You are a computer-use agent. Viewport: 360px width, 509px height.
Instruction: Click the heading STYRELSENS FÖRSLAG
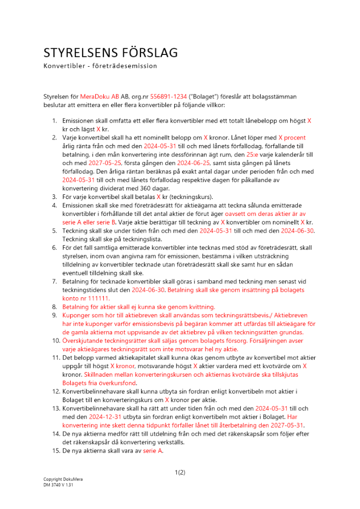[x=110, y=53]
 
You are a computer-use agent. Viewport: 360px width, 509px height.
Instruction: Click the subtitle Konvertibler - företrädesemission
[x=100, y=66]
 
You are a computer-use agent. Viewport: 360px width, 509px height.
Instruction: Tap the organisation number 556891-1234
[x=157, y=96]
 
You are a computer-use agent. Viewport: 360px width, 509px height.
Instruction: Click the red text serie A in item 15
[x=153, y=450]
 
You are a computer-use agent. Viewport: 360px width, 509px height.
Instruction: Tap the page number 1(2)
[x=180, y=472]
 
